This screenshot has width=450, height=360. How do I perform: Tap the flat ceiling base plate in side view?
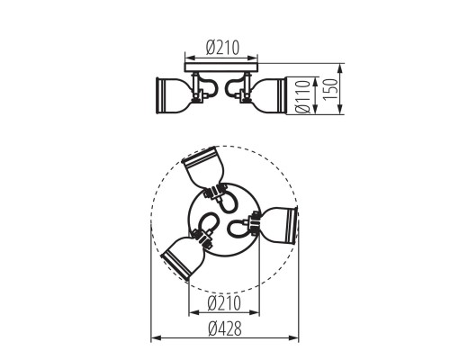click(x=220, y=67)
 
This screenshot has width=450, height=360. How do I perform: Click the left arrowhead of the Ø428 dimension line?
click(x=153, y=337)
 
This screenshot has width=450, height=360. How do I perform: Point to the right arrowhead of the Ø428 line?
click(x=298, y=337)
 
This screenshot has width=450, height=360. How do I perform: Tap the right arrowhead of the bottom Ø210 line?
click(x=258, y=314)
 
